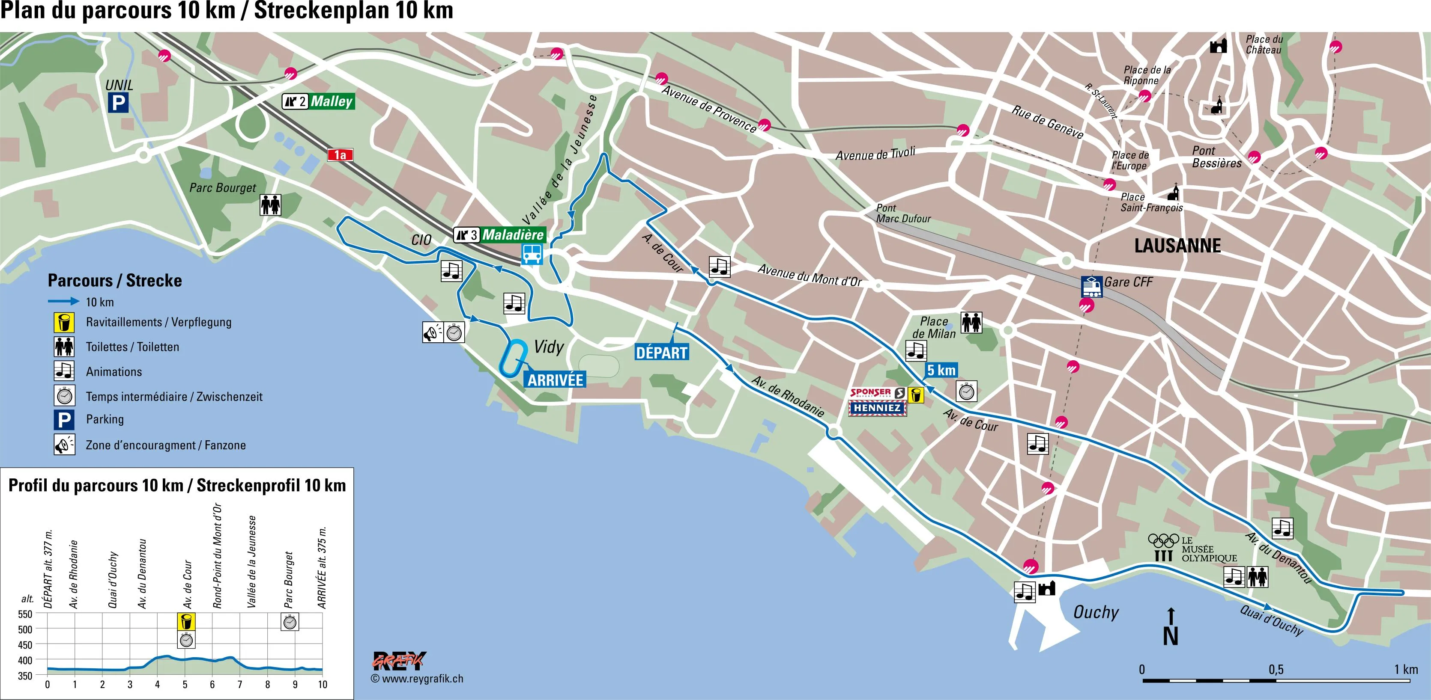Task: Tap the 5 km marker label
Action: [941, 370]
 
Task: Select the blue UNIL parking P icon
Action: [118, 103]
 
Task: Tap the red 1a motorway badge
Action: [340, 155]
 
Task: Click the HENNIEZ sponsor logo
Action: [877, 408]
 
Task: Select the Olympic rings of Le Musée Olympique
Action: [1163, 540]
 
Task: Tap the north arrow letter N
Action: [1171, 637]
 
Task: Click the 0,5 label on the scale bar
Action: [1276, 669]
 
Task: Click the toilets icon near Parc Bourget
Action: [271, 205]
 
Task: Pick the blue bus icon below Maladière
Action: [532, 254]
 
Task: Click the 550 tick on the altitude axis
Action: [25, 614]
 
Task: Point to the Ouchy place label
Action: [1096, 612]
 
